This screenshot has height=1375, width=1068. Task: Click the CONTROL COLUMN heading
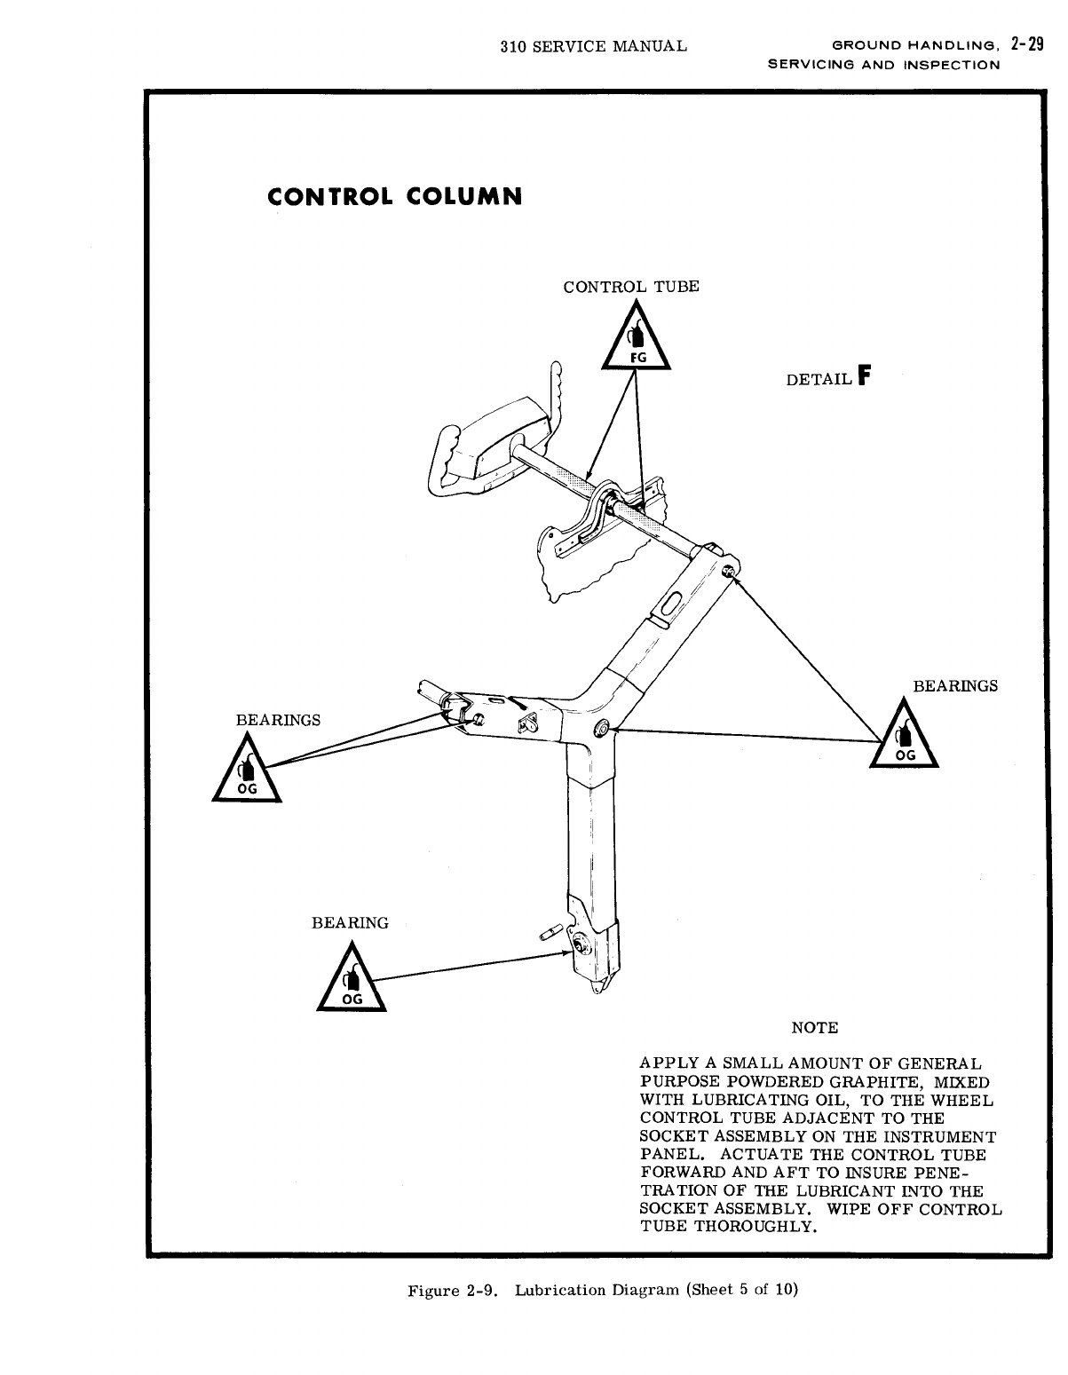point(394,196)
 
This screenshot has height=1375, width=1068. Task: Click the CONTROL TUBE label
point(631,287)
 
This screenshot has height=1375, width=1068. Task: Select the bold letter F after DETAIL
point(866,376)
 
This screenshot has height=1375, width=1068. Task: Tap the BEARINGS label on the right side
point(955,686)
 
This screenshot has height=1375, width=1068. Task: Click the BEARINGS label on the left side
point(278,719)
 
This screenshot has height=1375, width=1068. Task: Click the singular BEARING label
point(350,923)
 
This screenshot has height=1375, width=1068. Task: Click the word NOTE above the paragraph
point(814,1028)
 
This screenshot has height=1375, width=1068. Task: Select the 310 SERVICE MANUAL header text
point(593,45)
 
